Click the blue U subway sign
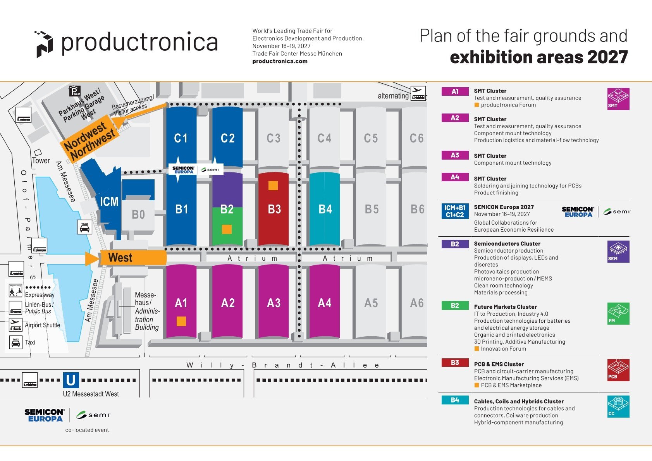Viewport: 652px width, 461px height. (x=71, y=380)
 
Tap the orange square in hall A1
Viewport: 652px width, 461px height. (x=181, y=321)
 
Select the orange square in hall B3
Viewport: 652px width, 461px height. (x=273, y=186)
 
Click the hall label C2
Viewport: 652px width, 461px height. (x=227, y=138)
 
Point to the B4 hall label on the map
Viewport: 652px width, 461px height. (x=325, y=209)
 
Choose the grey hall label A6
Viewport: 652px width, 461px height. (x=416, y=303)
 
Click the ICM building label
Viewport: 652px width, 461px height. (x=109, y=201)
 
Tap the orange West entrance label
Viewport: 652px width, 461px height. (x=120, y=258)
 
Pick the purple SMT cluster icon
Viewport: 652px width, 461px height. (x=618, y=99)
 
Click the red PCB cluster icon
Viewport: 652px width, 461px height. (x=618, y=370)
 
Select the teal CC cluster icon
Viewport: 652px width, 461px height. (x=618, y=406)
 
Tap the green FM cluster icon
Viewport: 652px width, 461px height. (x=618, y=313)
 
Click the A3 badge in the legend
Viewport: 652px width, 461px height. (x=455, y=155)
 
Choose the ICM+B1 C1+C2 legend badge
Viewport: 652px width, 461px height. (x=455, y=211)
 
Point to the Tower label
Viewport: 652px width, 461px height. (x=41, y=160)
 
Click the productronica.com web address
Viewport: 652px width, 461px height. (x=280, y=61)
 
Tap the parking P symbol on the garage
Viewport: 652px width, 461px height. (x=75, y=91)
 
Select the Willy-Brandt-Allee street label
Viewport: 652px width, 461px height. (x=283, y=365)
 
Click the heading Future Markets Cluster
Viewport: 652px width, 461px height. (x=505, y=307)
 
